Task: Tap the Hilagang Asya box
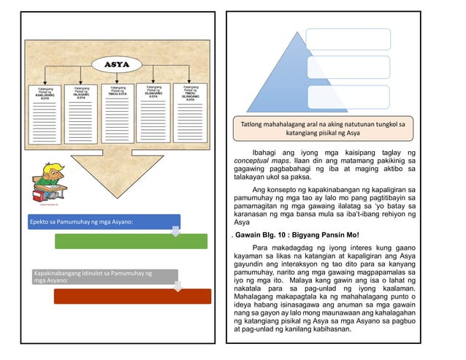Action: [82, 113]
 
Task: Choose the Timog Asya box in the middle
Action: [118, 113]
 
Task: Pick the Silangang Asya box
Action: [153, 113]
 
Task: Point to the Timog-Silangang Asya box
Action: [190, 113]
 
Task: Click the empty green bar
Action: [131, 241]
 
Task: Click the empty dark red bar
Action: [132, 296]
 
